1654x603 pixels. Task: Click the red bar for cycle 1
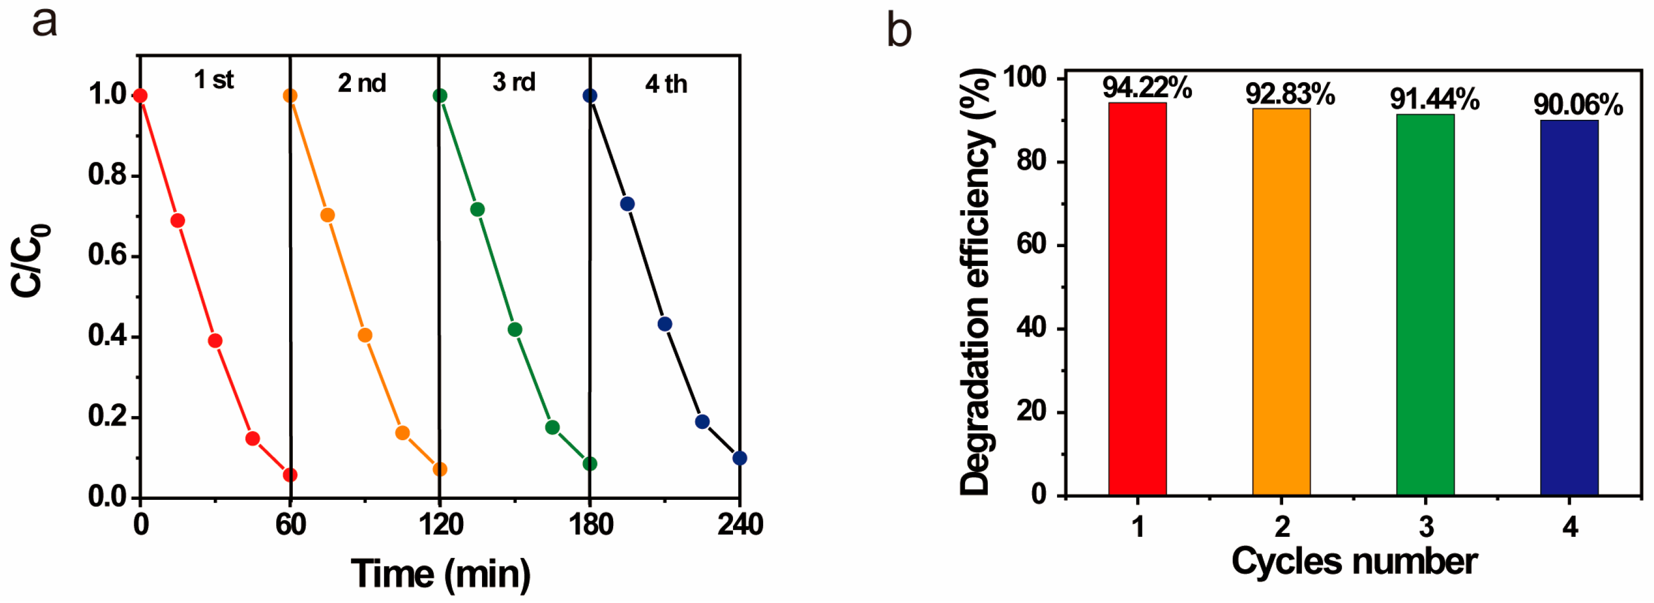tap(1137, 299)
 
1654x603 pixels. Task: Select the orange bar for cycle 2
tap(1281, 302)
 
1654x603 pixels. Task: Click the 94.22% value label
tap(1147, 88)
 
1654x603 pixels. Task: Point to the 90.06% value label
tap(1578, 105)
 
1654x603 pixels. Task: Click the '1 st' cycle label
tap(214, 80)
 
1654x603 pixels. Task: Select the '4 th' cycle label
tap(666, 84)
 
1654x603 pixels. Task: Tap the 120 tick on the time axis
tap(441, 525)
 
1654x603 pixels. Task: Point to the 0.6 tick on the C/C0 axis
tap(108, 256)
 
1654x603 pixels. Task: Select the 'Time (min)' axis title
tap(441, 573)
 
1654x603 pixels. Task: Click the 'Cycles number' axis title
tap(1354, 561)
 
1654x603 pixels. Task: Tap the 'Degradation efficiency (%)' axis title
tap(975, 283)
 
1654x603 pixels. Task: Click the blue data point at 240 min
tap(739, 458)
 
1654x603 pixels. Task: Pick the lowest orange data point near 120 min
tap(440, 469)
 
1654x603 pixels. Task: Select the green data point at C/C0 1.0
tap(440, 96)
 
